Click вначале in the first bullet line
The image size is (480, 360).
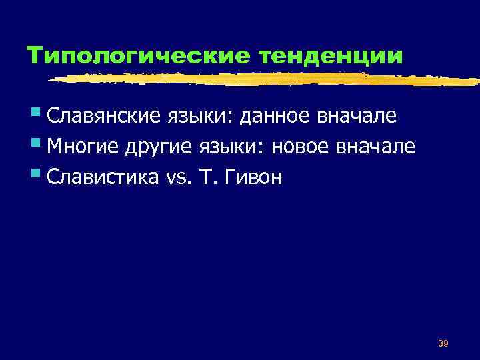360,117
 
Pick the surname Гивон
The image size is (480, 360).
257,177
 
